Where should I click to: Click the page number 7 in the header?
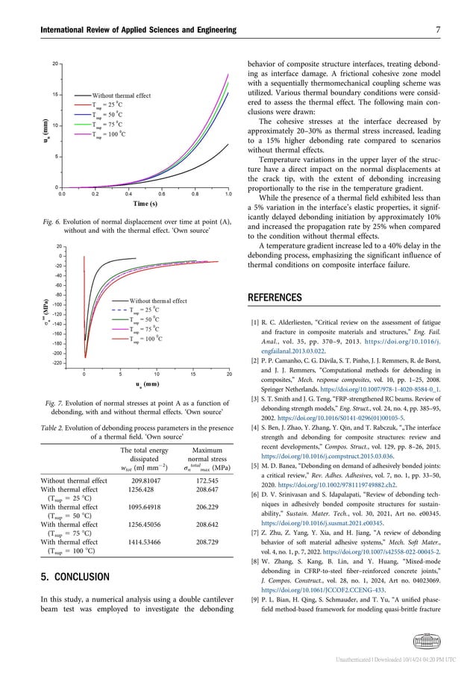click(x=457, y=29)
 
